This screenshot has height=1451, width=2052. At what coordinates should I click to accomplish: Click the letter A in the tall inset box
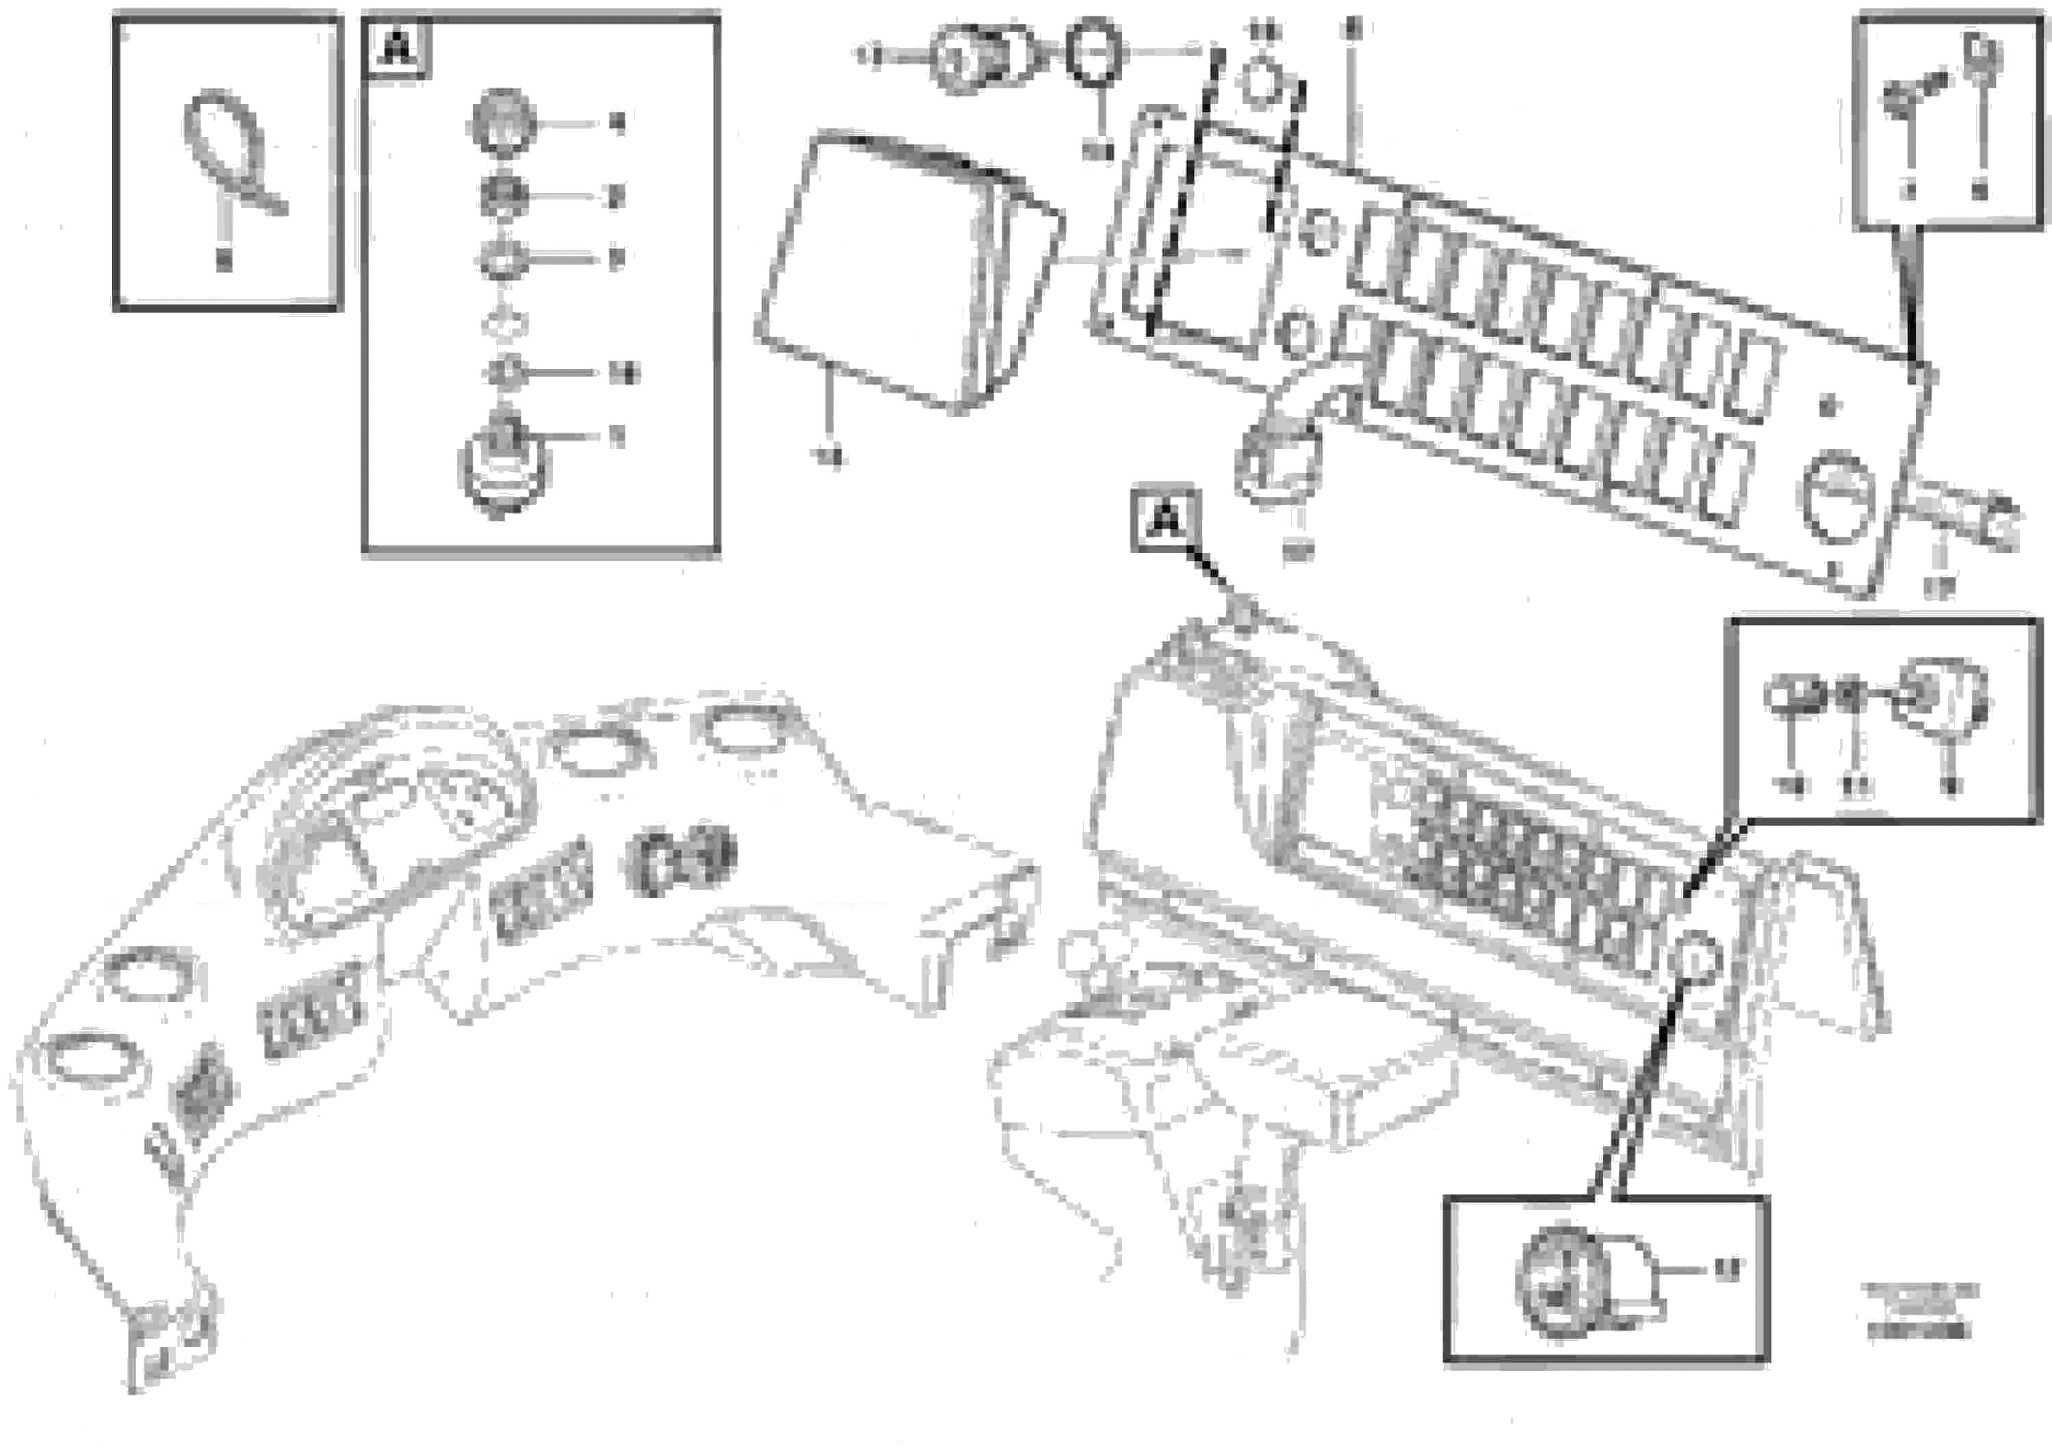pyautogui.click(x=396, y=47)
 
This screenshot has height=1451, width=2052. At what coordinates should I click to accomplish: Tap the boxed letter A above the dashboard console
pyautogui.click(x=1165, y=519)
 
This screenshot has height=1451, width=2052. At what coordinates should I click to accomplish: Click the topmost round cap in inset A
pyautogui.click(x=502, y=120)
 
